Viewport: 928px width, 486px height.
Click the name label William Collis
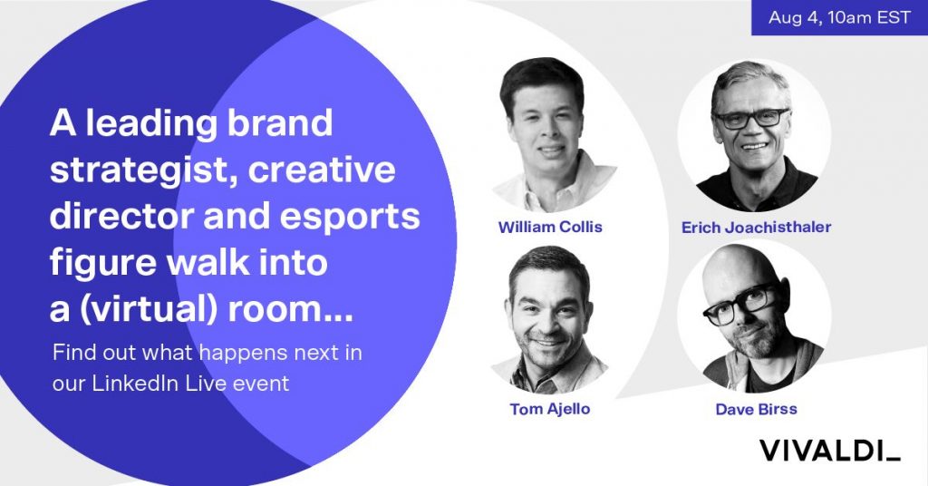(550, 227)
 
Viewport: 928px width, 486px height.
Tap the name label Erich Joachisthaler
(756, 227)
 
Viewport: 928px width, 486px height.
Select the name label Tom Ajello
(550, 409)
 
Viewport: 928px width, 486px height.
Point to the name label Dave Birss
(756, 409)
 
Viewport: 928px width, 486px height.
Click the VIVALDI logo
(829, 451)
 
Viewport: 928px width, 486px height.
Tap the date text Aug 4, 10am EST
(839, 18)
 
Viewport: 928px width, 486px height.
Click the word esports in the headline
(350, 218)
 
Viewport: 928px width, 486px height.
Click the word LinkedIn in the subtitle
(135, 384)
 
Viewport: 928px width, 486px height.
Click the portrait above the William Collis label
(552, 135)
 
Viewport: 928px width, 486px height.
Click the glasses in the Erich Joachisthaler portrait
(751, 119)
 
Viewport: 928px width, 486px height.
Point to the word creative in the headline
(322, 170)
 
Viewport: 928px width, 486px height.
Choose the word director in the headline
(122, 216)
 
